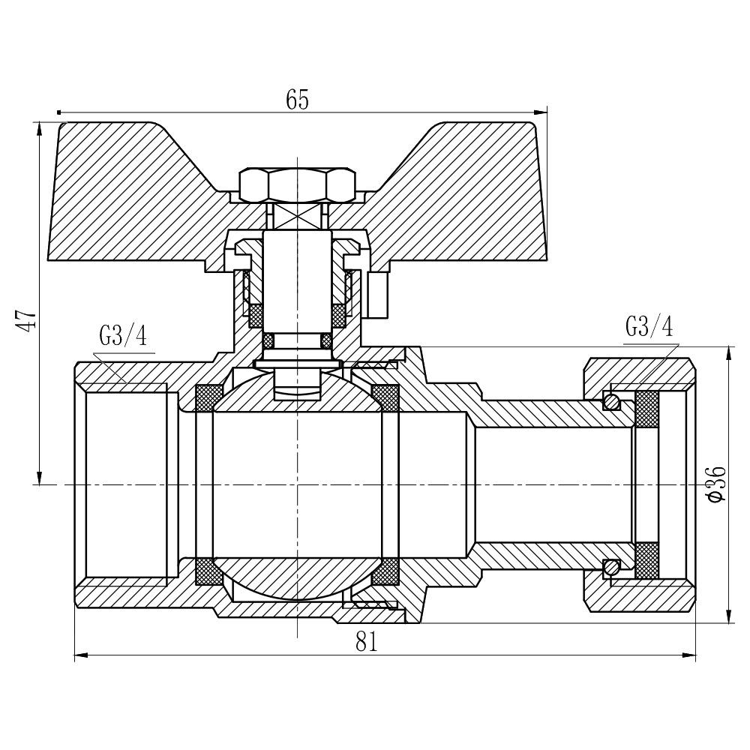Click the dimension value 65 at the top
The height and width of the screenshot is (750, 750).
tap(297, 100)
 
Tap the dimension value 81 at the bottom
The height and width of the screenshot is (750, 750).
tap(366, 642)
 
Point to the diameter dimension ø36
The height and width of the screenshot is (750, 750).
tap(716, 484)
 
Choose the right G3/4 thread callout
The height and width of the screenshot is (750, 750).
tap(649, 327)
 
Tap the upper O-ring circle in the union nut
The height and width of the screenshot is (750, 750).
tap(613, 402)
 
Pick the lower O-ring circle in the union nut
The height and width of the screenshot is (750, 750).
tap(613, 567)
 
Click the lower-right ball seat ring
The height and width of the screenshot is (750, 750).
tap(385, 572)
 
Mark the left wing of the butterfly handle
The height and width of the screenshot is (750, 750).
tap(127, 195)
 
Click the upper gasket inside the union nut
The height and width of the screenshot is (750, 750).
tap(646, 409)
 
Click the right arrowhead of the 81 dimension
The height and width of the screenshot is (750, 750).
tap(691, 656)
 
